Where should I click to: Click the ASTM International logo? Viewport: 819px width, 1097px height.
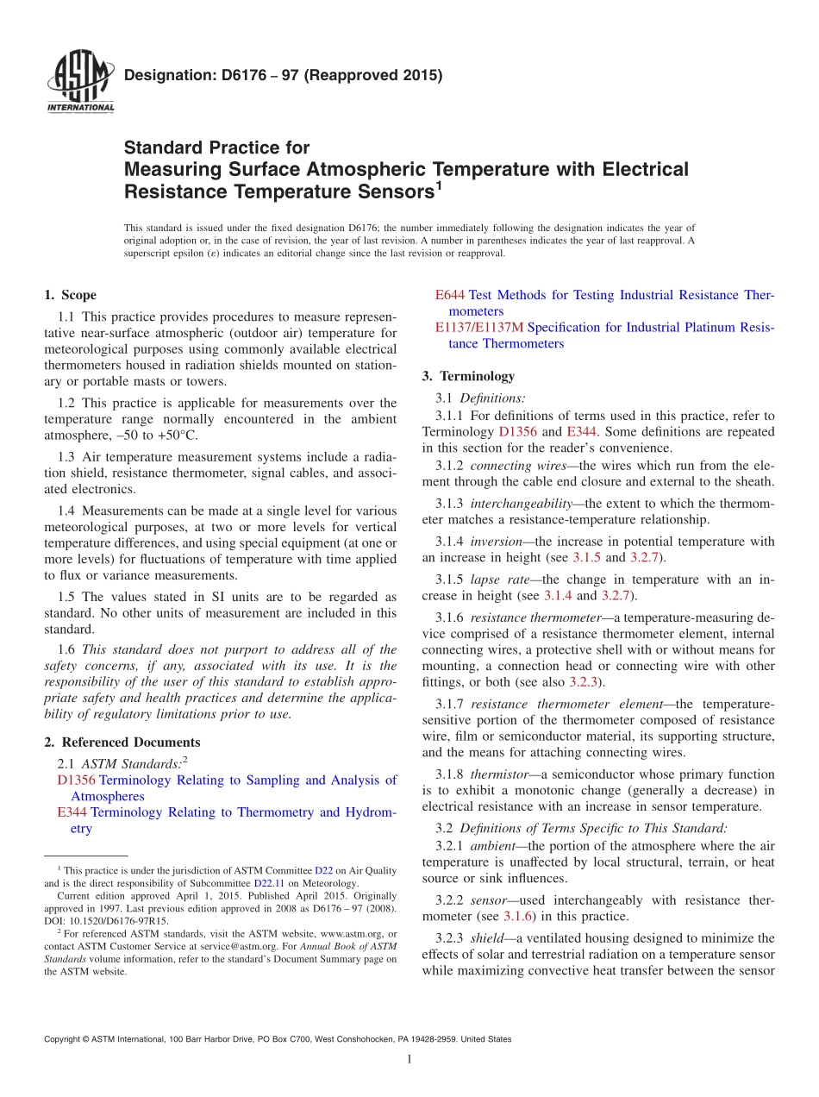(79, 83)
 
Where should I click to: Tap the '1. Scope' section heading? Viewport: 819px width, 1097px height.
(71, 295)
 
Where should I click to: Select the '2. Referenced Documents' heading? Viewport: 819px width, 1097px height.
(122, 742)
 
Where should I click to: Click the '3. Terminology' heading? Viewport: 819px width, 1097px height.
(468, 376)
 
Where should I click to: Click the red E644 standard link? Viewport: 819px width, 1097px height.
(450, 295)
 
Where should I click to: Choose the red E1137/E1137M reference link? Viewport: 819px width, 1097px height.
(478, 328)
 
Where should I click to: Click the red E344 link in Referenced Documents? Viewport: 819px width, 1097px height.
(72, 812)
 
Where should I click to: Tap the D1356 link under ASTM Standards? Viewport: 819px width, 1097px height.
(76, 780)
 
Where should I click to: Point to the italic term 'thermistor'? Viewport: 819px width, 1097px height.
(493, 774)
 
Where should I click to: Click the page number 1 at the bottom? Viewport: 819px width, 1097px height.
(409, 1060)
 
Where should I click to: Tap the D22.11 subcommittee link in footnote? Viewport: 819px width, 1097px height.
(266, 883)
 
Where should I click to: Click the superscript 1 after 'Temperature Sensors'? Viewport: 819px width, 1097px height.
(438, 185)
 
